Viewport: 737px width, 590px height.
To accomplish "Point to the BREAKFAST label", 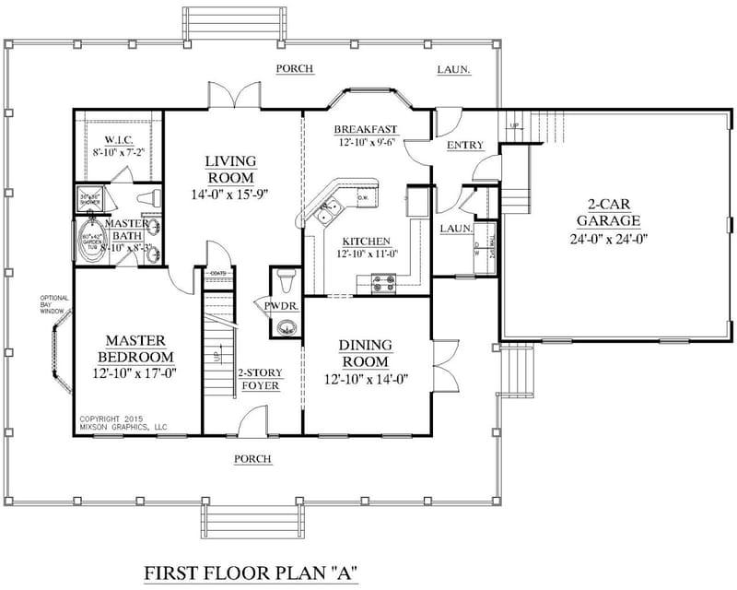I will [366, 128].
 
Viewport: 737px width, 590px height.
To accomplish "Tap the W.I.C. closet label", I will [118, 141].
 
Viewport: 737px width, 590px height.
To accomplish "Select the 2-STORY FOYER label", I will [260, 379].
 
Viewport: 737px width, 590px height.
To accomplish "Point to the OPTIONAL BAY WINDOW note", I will [52, 305].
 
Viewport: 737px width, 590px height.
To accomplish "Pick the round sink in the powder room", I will [287, 325].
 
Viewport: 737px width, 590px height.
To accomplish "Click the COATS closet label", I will [218, 273].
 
